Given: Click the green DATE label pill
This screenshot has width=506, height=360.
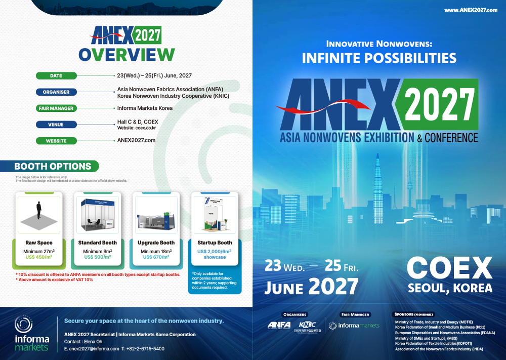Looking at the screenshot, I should tap(56, 76).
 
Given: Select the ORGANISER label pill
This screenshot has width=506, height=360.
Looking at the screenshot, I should tap(56, 92).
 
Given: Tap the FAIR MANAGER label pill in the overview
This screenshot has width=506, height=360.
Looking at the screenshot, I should tap(56, 108).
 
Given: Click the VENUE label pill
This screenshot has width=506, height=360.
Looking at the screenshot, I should tap(56, 124).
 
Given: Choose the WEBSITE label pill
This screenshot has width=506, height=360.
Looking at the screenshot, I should tap(56, 140).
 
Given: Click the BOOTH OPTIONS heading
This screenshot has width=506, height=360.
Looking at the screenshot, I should tap(53, 167).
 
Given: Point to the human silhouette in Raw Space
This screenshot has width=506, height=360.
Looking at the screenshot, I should tap(38, 211).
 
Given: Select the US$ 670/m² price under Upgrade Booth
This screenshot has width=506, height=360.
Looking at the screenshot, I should tap(156, 257).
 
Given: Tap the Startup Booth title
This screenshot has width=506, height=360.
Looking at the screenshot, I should tap(215, 243).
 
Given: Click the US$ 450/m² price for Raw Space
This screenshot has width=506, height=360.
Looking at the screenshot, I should tap(38, 257).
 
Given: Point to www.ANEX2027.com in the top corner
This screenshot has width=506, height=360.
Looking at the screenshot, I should tap(471, 10).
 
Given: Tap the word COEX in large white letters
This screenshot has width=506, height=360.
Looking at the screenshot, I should tap(450, 267).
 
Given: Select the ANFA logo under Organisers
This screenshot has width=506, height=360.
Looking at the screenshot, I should tap(279, 325).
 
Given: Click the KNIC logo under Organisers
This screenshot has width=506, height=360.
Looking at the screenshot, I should tap(307, 325).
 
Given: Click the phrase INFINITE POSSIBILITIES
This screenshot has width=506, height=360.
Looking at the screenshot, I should tap(379, 58).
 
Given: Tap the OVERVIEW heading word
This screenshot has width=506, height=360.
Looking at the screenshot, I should tap(126, 54).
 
